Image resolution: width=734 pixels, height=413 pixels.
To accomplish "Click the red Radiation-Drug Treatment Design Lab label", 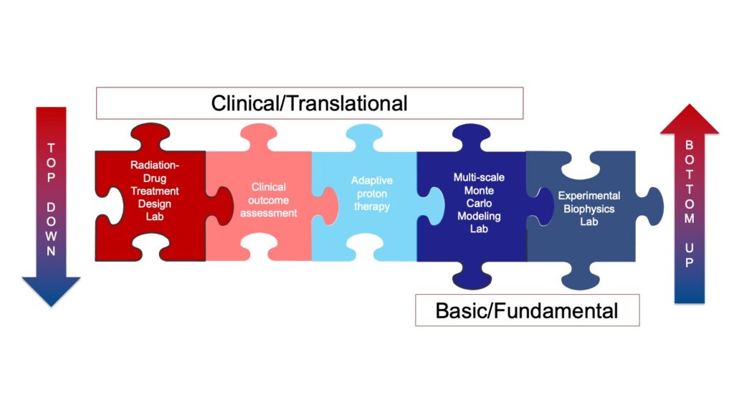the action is [155, 191].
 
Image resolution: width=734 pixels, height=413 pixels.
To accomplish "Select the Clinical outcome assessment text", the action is [269, 200].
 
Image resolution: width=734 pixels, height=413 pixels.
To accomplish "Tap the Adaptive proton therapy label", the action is [372, 194].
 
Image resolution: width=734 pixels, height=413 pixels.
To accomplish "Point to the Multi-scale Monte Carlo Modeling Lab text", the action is [479, 203].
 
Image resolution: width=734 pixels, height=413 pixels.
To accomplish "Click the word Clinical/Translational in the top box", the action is [309, 103].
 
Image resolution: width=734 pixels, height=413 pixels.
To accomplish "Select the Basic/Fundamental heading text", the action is [527, 310].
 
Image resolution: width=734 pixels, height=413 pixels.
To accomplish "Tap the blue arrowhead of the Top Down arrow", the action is [51, 291].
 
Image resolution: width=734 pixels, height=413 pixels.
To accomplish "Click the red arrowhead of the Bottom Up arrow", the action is [689, 120].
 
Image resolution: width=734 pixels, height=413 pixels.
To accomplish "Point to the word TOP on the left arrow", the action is [51, 163].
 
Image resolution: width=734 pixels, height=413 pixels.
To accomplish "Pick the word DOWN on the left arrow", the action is [51, 229].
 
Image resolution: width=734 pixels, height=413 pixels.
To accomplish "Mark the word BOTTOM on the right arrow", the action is [689, 181].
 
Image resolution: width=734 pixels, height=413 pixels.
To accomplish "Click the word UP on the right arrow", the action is [689, 255].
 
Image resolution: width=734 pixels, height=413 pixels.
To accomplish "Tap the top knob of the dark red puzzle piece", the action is [150, 136].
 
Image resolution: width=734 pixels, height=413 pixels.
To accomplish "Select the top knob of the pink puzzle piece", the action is [258, 136].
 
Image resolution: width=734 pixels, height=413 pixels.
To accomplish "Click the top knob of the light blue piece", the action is [364, 136].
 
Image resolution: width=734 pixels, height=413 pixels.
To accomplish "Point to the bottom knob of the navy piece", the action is [472, 276].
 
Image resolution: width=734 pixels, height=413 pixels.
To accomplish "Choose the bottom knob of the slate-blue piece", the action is [581, 276].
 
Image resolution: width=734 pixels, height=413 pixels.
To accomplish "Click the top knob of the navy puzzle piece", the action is [471, 137].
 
